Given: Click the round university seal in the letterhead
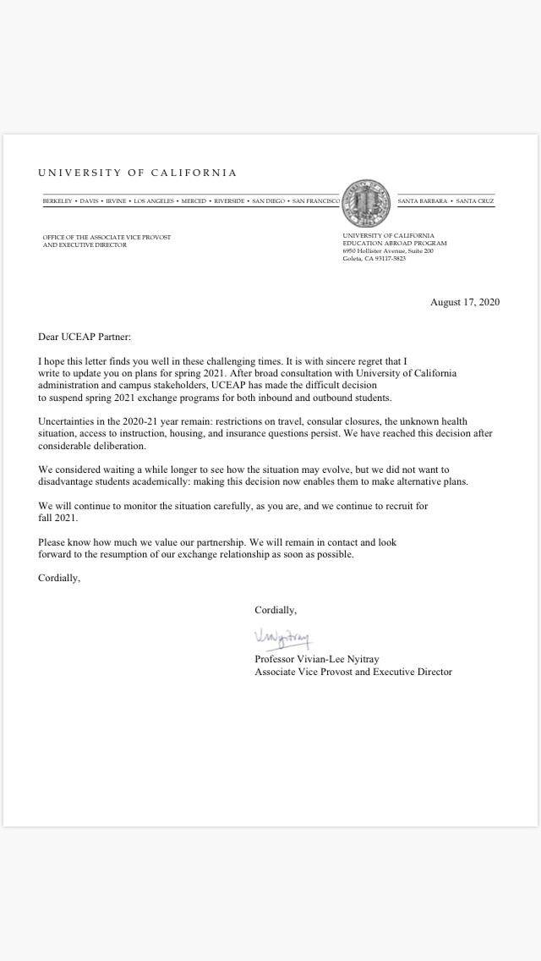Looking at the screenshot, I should point(368,201).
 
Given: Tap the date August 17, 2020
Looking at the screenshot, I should point(465,302).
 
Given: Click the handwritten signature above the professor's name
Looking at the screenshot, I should point(282,637).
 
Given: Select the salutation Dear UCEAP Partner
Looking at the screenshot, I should point(85,337).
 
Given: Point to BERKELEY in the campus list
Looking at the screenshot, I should point(57,201).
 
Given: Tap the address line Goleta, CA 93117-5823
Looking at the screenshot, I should point(374,259).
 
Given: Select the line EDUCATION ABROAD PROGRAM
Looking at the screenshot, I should point(394,244).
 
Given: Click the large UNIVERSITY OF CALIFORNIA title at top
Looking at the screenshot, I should point(137,173).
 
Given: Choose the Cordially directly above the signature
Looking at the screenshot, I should point(276,610).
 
